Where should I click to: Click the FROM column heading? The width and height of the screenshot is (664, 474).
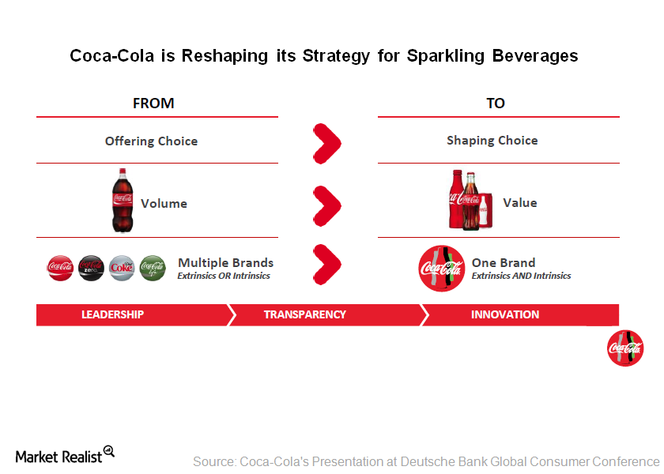153,103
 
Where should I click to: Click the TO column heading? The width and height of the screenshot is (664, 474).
496,103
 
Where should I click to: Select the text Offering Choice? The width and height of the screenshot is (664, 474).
151,141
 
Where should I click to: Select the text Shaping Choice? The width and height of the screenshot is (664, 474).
492,141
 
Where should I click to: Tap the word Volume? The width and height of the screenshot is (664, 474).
164,204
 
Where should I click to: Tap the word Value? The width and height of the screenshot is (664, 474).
519,203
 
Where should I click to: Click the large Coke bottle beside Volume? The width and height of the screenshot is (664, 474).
123,201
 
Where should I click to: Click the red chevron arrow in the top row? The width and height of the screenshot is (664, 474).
326,142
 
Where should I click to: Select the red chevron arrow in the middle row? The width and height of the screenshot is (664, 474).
326,205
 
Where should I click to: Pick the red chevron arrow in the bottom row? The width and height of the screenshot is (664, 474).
326,262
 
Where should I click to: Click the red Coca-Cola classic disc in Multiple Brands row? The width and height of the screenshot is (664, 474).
60,268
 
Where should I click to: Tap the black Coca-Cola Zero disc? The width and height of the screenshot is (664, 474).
91,268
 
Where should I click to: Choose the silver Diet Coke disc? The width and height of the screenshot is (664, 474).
122,268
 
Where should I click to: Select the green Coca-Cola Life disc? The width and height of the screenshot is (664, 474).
153,268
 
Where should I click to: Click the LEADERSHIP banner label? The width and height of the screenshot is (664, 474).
112,314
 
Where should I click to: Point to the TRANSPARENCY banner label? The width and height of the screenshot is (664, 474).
304,314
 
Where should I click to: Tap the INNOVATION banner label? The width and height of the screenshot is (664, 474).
505,314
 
